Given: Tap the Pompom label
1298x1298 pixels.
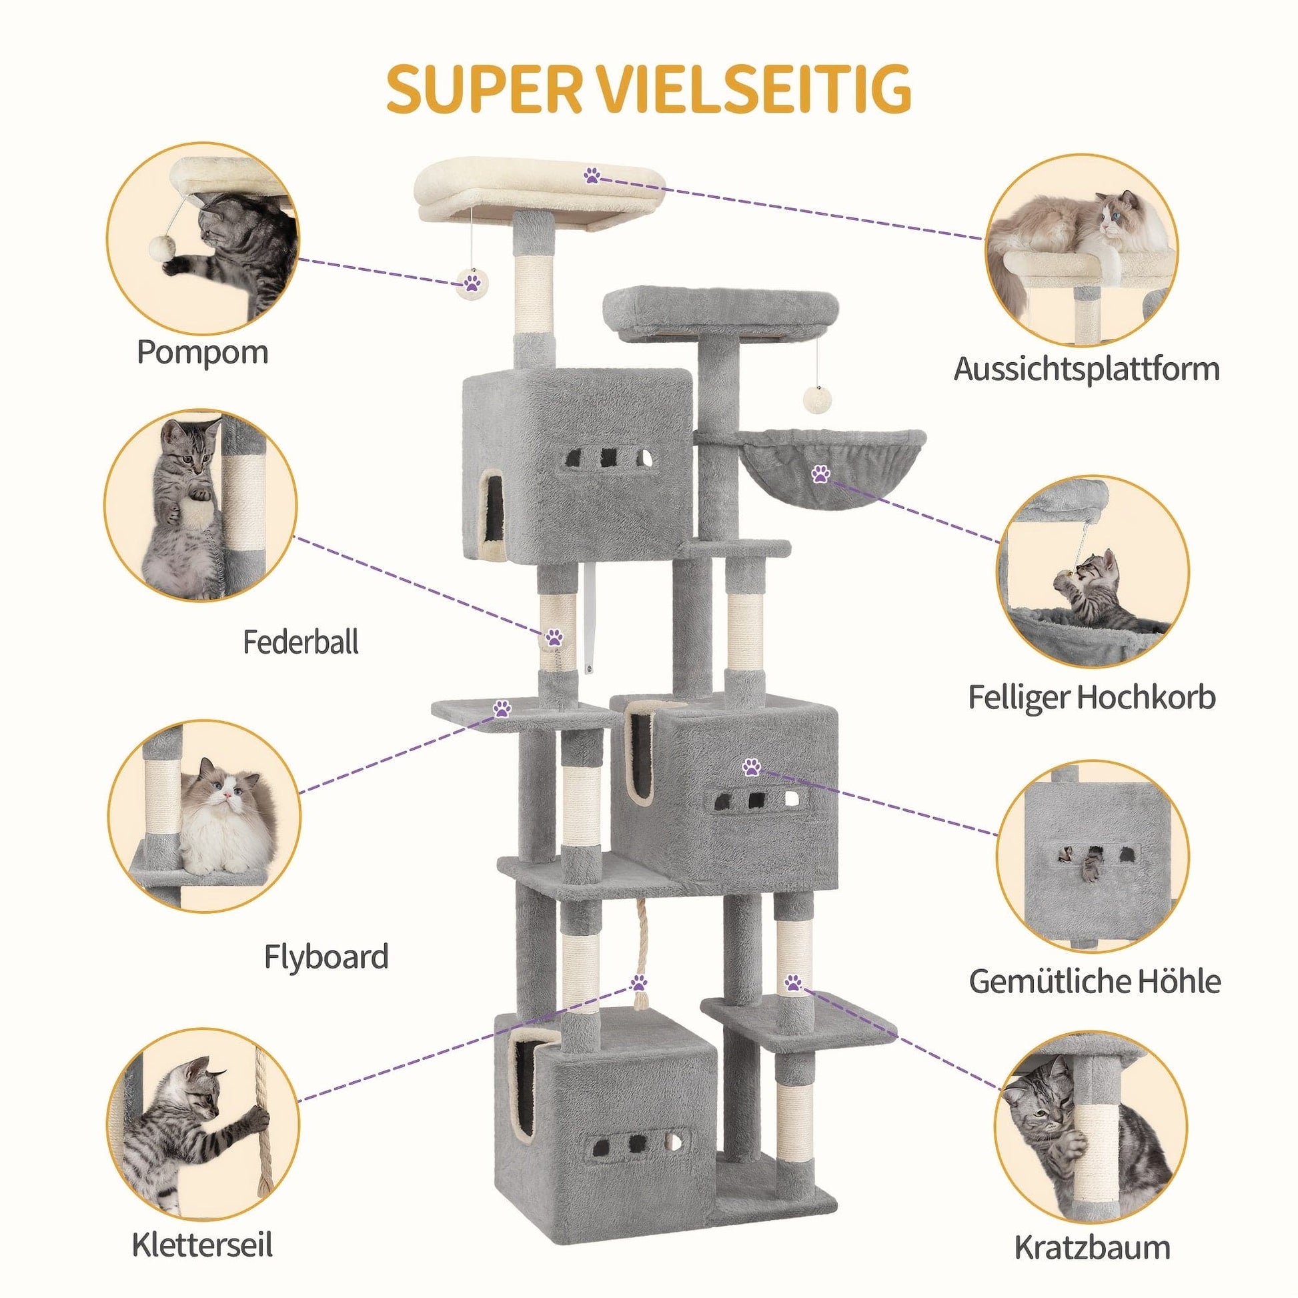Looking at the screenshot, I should pos(202,352).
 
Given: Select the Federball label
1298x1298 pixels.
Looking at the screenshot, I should pos(300,642).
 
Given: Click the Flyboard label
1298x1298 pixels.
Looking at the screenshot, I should pos(326,956).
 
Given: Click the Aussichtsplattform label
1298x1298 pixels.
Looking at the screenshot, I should pos(1086,369).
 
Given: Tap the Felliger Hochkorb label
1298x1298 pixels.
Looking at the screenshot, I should pos(1092,698).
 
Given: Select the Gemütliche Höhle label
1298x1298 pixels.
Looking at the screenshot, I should pos(1095,982).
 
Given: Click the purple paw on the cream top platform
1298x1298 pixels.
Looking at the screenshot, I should pos(592,177).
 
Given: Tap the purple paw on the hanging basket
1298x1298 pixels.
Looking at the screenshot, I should pos(820,474).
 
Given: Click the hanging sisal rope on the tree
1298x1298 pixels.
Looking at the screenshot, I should pos(638,967).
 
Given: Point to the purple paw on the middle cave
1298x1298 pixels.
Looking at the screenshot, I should pos(750,767).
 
